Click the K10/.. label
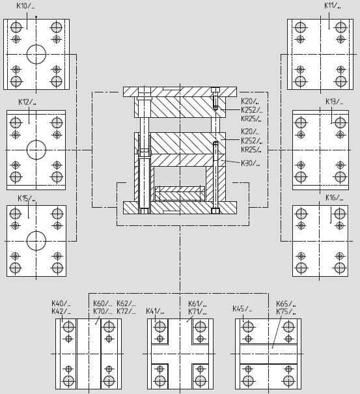tap(25, 6)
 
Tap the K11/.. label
tap(333, 5)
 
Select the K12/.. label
tap(27, 102)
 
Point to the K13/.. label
tap(335, 102)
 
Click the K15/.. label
tap(27, 198)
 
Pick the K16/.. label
tap(335, 198)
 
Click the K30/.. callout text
tap(251, 163)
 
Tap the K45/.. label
tap(242, 309)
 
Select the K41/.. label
tap(155, 311)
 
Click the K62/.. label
tap(126, 303)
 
